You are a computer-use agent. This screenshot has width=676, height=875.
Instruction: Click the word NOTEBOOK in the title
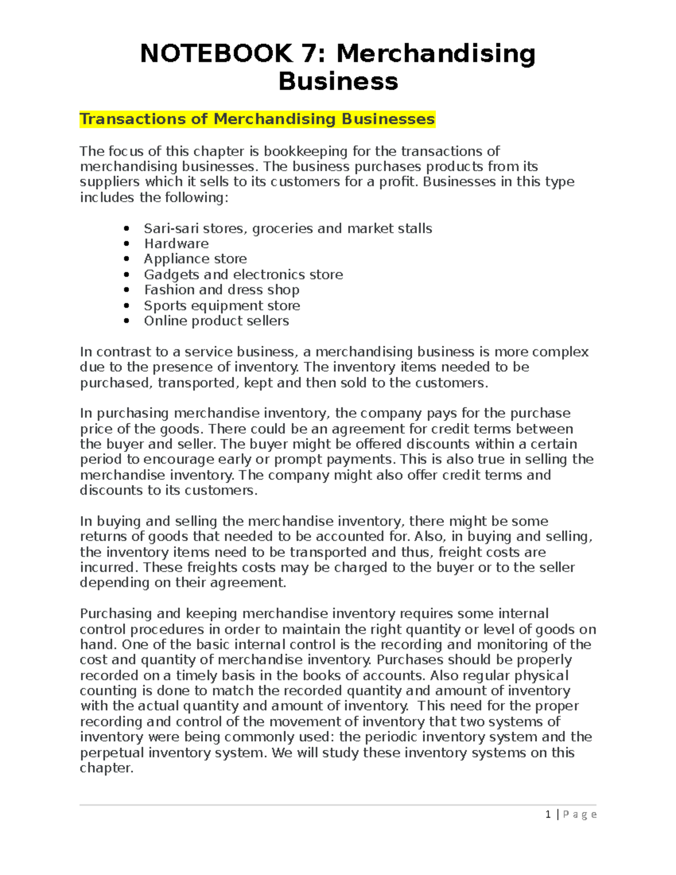216,54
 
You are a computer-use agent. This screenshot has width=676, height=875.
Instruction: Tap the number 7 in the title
313,54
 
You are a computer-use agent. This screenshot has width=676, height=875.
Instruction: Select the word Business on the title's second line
338,81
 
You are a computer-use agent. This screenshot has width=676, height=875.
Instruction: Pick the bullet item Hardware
176,244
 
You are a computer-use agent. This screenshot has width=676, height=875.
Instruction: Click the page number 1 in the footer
548,815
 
